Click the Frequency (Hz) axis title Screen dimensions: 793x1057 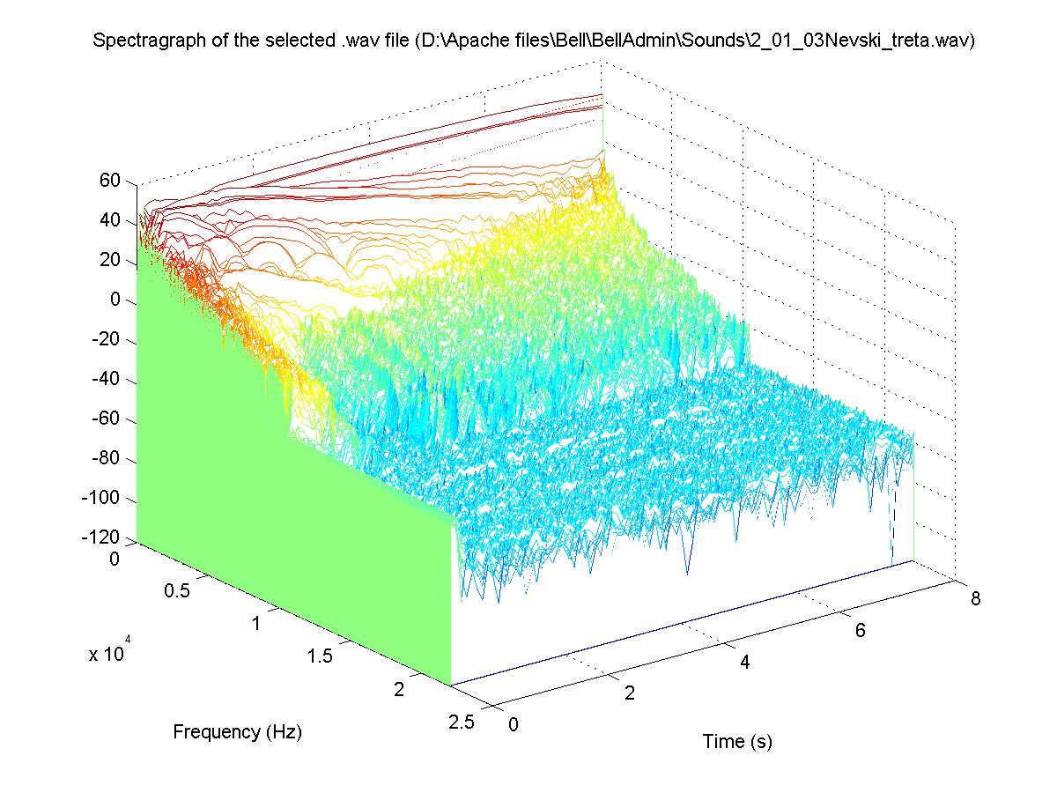[x=237, y=731]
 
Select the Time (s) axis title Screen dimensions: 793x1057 [x=737, y=742]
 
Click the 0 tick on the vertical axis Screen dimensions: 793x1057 [x=115, y=300]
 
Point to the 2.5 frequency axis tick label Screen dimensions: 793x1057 [x=462, y=723]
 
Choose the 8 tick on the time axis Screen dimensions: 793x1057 [x=975, y=599]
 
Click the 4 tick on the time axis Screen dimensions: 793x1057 [x=744, y=663]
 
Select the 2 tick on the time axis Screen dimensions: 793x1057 [x=629, y=693]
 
